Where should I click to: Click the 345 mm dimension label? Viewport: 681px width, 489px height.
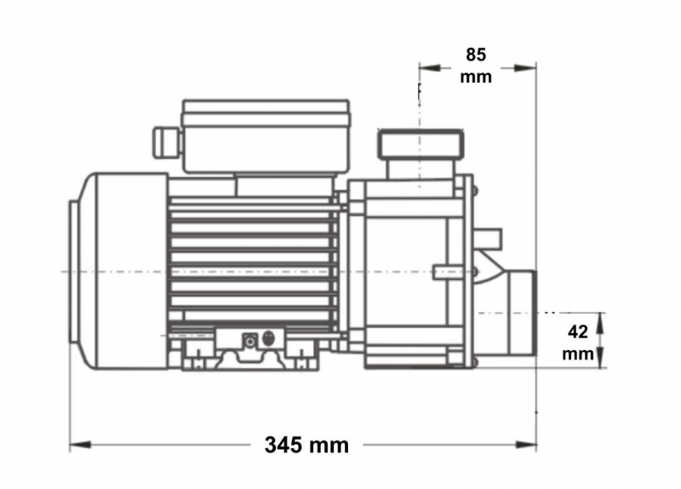tap(306, 445)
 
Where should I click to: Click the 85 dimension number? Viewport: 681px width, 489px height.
tap(476, 55)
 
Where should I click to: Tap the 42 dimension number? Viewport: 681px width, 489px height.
tap(578, 332)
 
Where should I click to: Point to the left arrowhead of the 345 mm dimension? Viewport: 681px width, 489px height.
tap(80, 445)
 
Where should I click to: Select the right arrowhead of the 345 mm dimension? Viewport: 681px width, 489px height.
tap(525, 445)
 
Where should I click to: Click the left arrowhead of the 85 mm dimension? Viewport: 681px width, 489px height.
tap(430, 68)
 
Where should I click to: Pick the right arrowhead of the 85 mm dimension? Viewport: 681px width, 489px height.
tap(525, 68)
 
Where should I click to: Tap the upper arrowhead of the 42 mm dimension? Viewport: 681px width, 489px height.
tap(600, 323)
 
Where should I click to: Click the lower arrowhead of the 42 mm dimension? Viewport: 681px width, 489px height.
tap(600, 357)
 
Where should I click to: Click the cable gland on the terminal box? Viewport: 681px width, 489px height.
tap(166, 141)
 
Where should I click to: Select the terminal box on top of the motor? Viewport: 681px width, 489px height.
tap(266, 136)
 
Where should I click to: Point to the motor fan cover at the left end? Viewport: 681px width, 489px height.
tap(118, 271)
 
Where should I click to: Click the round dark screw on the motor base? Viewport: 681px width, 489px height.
tap(269, 338)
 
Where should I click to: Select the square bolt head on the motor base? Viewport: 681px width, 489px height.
tap(249, 341)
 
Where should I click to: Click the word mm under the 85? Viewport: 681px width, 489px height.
tap(476, 77)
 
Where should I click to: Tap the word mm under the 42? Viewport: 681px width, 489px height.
tap(578, 354)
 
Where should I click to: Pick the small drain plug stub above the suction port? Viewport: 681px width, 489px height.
tap(488, 238)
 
